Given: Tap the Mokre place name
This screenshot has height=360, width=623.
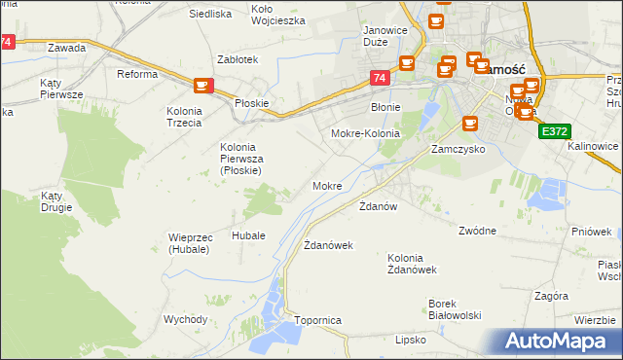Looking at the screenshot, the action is tap(327, 186).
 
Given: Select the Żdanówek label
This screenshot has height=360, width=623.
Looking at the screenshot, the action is tap(328, 245).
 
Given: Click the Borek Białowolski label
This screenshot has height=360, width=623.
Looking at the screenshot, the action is tap(456, 308).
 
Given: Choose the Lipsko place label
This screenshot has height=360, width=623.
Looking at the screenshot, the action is tap(411, 340).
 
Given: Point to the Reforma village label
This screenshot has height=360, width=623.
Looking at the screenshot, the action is tap(137, 74).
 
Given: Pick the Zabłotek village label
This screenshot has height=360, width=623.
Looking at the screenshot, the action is tap(238, 59).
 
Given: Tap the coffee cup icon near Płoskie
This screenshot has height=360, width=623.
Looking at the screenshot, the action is tap(202, 86).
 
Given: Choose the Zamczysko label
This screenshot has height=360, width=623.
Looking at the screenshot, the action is tap(458, 151).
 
